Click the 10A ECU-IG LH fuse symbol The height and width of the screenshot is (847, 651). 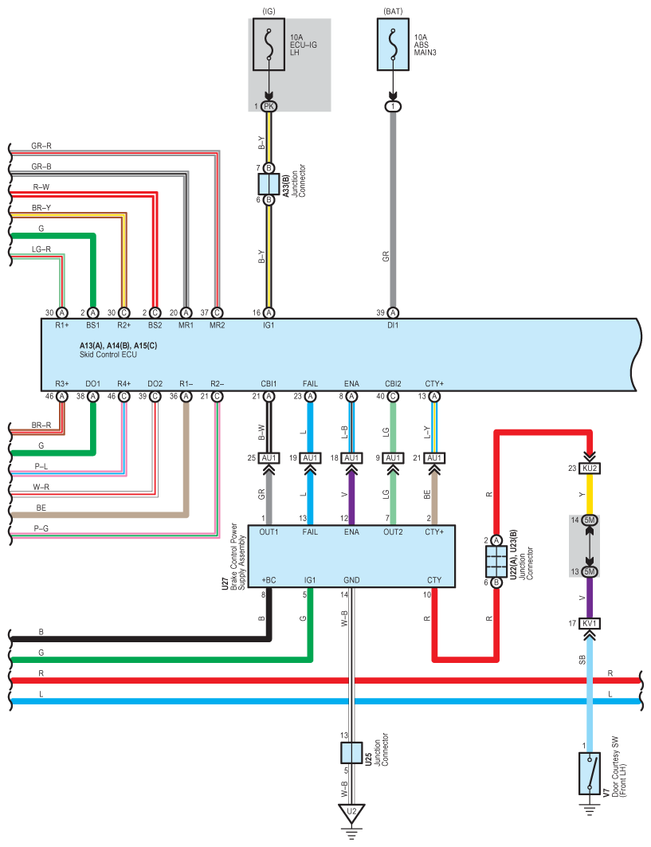point(269,45)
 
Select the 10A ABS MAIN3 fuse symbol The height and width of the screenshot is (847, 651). point(393,45)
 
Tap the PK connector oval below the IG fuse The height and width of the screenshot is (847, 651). point(269,107)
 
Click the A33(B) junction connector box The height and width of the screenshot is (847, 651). point(269,183)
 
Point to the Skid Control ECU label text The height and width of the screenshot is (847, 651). point(108,355)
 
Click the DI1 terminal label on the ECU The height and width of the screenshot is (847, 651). point(393,325)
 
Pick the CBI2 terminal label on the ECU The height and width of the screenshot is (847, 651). point(393,383)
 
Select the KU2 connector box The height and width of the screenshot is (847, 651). point(590,468)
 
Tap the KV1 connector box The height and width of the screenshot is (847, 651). point(590,623)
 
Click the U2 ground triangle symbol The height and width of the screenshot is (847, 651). point(351,813)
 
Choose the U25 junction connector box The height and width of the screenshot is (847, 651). point(351,752)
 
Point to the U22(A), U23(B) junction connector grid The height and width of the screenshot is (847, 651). point(496,561)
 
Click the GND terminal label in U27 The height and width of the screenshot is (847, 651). point(351,580)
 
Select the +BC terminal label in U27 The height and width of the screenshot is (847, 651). point(269,580)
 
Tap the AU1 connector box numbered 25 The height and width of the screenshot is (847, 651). point(269,458)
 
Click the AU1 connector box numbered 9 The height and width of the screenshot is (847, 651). point(393,458)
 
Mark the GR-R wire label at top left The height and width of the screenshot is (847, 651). point(41,146)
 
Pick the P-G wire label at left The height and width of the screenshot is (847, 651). point(41,528)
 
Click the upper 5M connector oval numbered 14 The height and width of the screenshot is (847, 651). point(590,520)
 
